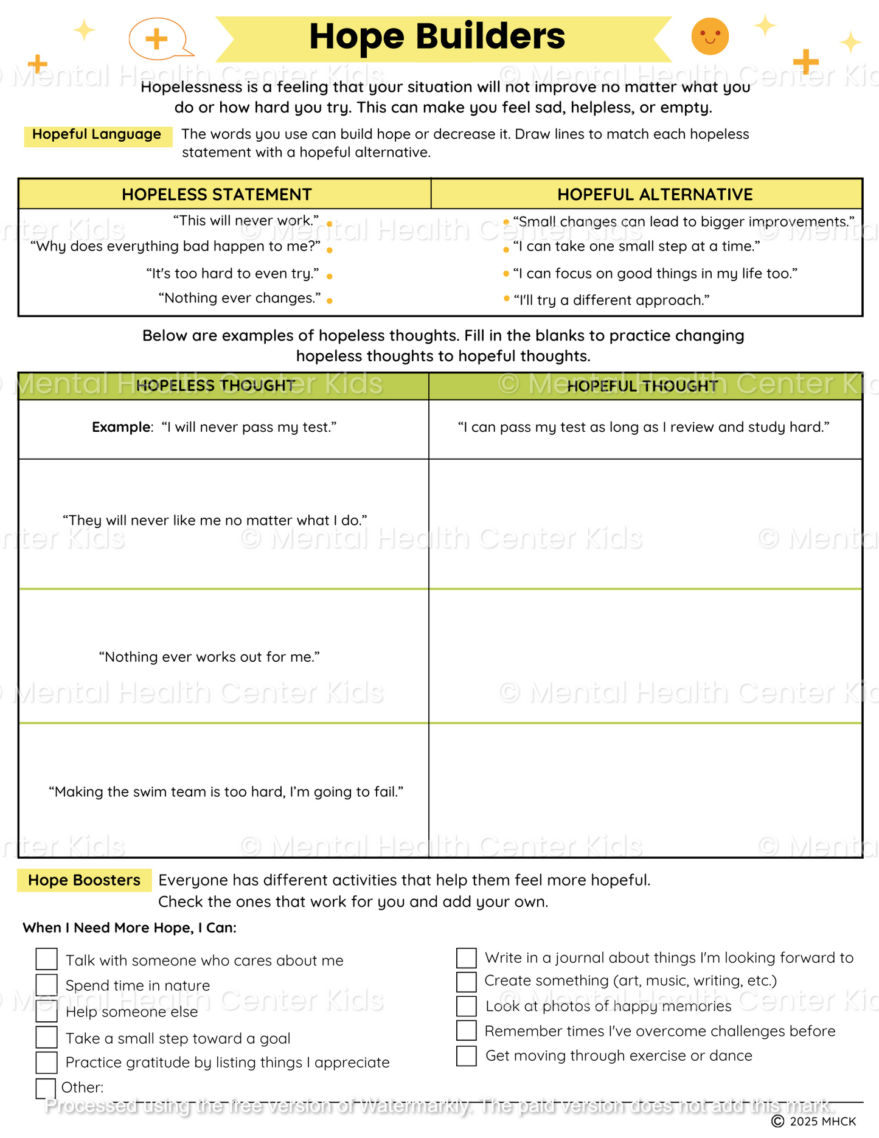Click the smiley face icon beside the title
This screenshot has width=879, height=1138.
[710, 36]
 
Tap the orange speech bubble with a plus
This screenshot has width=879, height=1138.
[157, 39]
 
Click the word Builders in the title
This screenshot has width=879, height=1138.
[490, 36]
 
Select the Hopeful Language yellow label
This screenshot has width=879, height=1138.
[97, 135]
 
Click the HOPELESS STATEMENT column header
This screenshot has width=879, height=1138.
[217, 195]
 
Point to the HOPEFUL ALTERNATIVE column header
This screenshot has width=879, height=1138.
[655, 195]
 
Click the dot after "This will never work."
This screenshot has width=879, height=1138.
[329, 224]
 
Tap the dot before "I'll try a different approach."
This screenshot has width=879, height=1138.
[506, 298]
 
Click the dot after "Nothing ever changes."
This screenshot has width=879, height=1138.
[329, 300]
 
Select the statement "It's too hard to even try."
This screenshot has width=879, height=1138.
[233, 274]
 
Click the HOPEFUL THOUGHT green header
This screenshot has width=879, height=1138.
[642, 386]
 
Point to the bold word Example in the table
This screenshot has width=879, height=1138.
[121, 428]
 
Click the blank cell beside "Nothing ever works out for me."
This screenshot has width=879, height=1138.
[645, 656]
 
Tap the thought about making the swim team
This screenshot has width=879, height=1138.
[226, 792]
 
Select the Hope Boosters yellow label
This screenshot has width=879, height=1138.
[84, 880]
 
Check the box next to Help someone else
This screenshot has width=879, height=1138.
[47, 1011]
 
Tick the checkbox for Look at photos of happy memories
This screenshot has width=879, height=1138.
[467, 1006]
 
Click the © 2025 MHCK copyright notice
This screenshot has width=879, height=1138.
[813, 1121]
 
